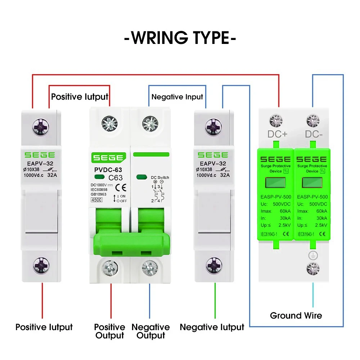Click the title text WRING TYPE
click(180, 38)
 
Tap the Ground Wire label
click(296, 316)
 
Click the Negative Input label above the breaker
click(177, 97)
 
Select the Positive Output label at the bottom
click(109, 331)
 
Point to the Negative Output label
click(150, 331)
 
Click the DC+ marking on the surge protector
click(277, 134)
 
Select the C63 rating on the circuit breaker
click(116, 177)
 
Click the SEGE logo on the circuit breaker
click(108, 158)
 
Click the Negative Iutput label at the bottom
click(212, 327)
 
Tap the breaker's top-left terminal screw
click(109, 123)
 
